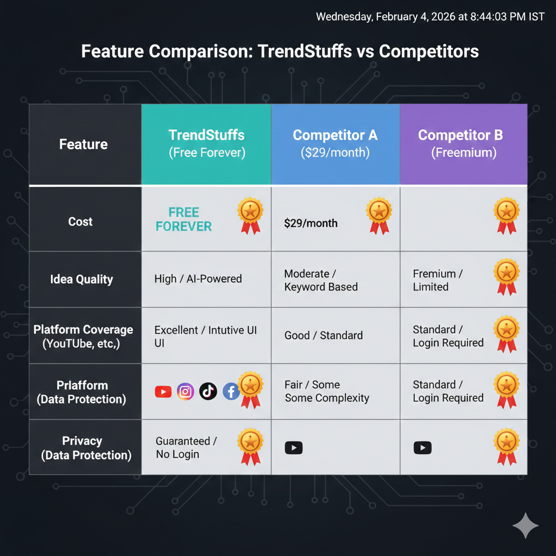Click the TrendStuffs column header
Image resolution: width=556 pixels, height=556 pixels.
pos(206,144)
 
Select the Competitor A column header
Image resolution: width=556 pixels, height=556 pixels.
pos(335,144)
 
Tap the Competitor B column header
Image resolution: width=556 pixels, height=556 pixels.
pos(464,144)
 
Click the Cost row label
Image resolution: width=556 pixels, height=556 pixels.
pos(80,222)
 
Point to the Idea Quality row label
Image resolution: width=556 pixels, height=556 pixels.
pos(81,280)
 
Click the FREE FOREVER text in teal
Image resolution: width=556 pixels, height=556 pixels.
pos(184,219)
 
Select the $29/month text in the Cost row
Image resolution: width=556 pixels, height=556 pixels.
pos(311,223)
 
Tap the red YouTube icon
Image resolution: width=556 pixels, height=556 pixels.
pos(163,391)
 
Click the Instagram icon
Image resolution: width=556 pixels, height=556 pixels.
pos(185,391)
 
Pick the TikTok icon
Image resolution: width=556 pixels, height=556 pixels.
pos(208,391)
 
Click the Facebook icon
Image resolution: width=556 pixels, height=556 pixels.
pos(230,391)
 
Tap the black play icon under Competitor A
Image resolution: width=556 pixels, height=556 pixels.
pos(293,448)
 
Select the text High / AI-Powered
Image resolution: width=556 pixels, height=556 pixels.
pos(198,279)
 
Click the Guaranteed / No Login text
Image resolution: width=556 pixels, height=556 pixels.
pos(186,448)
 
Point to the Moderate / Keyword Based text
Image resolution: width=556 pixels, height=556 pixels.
pos(321,280)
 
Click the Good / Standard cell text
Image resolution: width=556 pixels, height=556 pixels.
pos(323,336)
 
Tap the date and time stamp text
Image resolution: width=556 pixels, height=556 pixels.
pos(430,17)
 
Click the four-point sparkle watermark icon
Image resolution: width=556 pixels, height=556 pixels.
pos(525,525)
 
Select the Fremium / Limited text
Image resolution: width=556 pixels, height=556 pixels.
pos(438,280)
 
